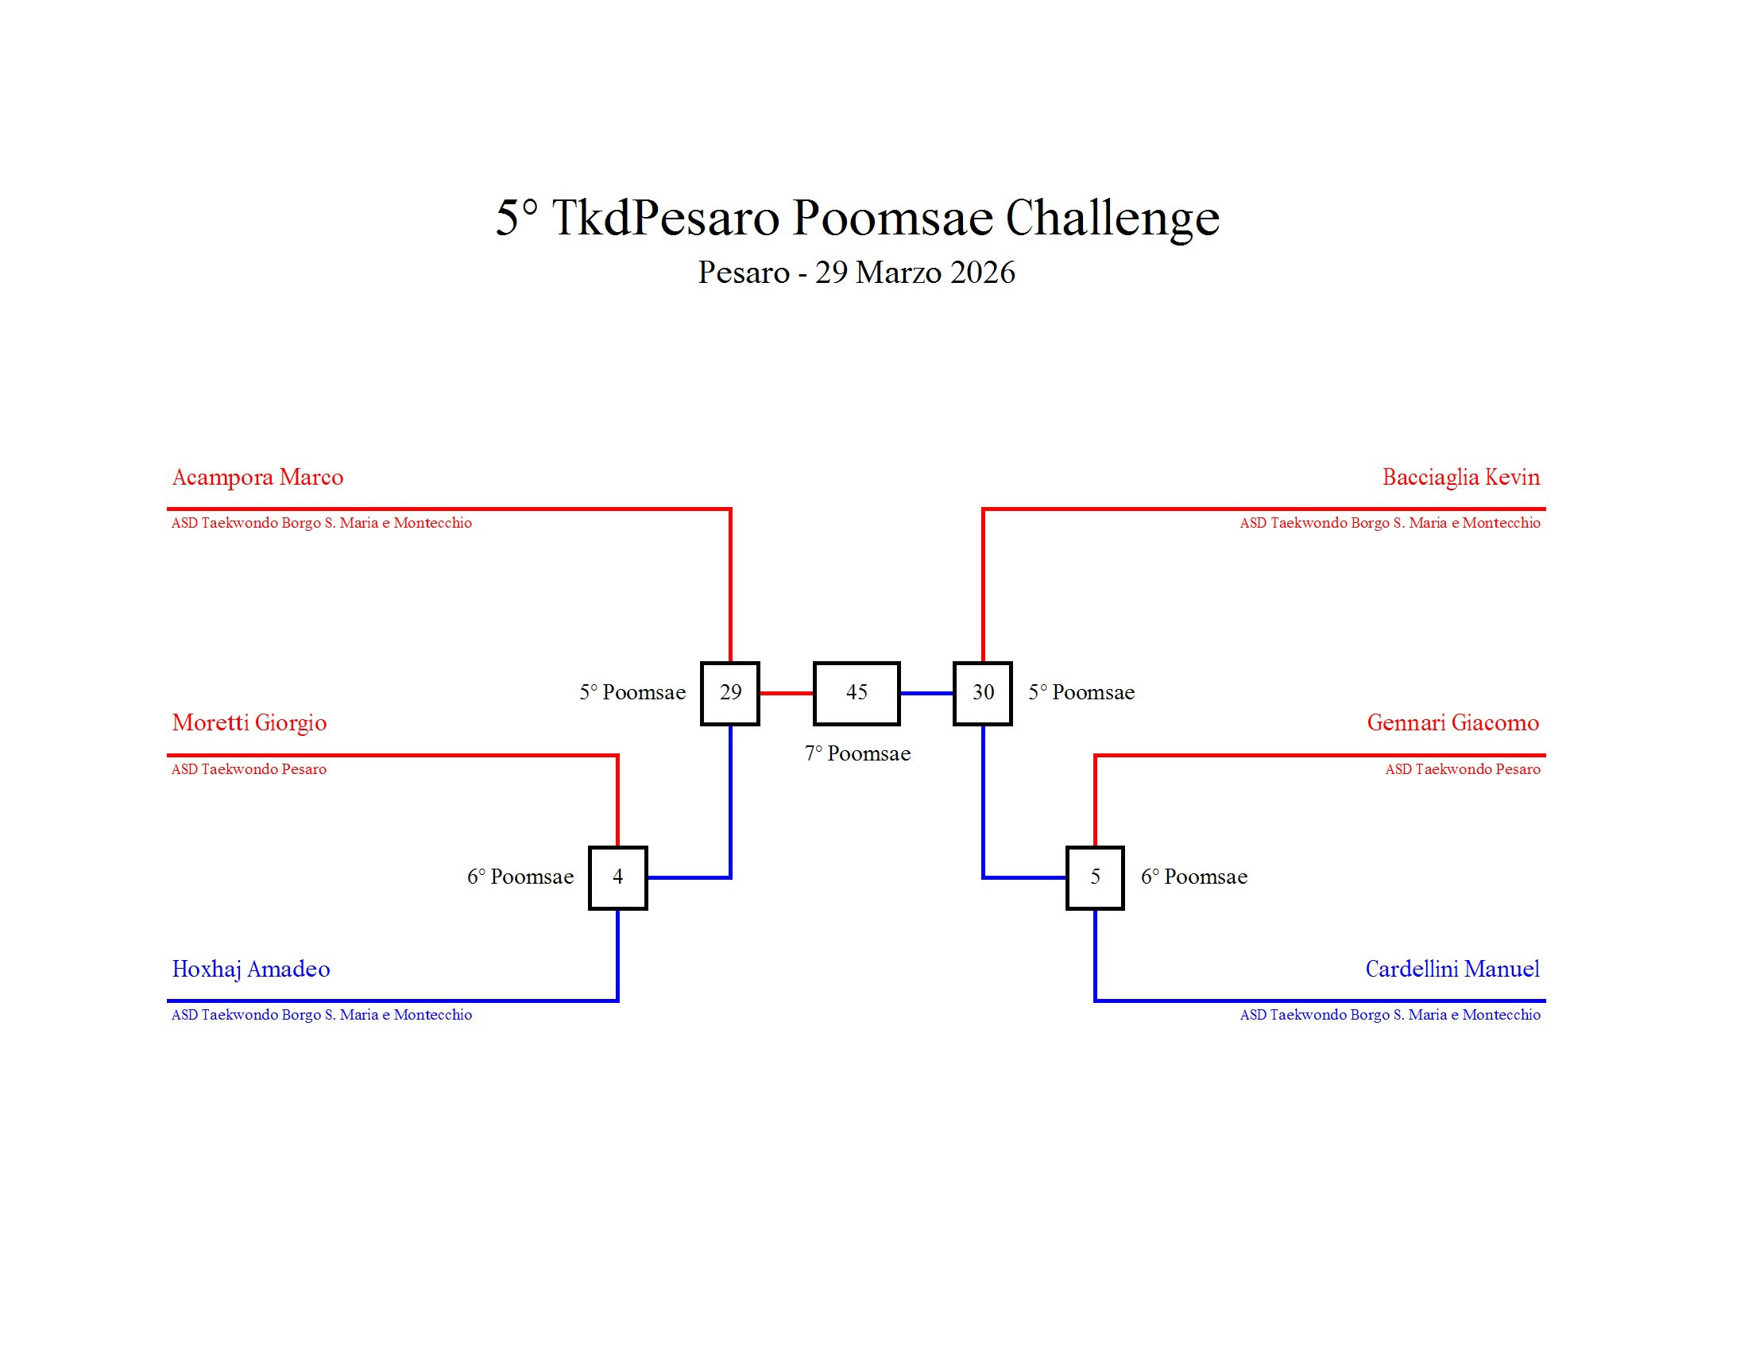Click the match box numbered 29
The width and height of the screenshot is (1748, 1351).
(730, 693)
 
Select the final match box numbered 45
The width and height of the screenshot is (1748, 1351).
(857, 693)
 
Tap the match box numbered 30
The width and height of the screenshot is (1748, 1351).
(983, 693)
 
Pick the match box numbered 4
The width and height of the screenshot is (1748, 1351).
(617, 877)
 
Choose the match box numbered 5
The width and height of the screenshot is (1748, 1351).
(1095, 877)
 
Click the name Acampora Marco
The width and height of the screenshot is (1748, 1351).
(257, 478)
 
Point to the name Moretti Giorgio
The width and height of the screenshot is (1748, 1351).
(249, 723)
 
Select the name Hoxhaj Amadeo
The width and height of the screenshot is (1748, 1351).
(250, 970)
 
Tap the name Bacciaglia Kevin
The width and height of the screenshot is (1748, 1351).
(1460, 478)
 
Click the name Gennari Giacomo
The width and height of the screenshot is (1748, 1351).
(1452, 723)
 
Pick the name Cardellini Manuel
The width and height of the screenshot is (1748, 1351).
(1452, 970)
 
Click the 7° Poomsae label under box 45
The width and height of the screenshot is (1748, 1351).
(857, 754)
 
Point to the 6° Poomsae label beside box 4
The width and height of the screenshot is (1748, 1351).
(520, 877)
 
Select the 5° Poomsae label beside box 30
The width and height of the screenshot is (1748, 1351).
(1081, 693)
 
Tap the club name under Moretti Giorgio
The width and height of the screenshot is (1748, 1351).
(249, 770)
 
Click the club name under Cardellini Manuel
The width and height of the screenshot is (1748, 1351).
(1390, 1015)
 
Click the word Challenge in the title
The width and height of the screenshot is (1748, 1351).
(1112, 218)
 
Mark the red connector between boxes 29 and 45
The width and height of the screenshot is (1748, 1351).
(786, 693)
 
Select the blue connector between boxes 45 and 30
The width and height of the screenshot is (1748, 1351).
(926, 693)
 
